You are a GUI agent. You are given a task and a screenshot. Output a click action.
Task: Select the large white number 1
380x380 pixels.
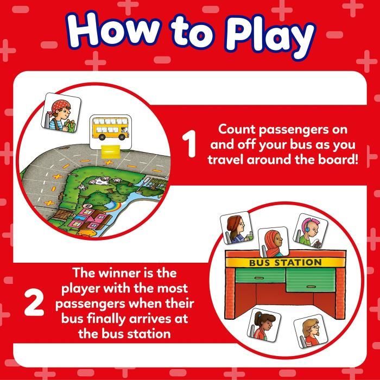click(x=189, y=146)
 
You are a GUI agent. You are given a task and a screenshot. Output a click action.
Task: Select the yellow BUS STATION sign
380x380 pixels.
click(x=285, y=263)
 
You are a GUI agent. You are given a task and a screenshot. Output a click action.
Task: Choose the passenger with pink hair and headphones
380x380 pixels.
click(x=308, y=230)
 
